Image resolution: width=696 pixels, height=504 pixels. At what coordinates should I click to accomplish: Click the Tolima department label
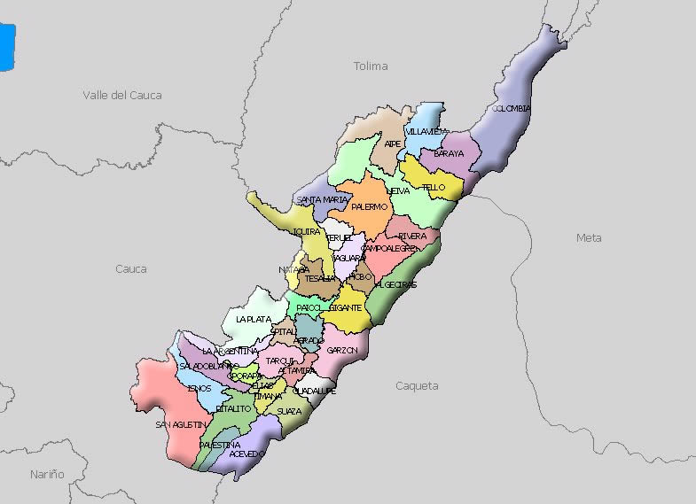(371, 66)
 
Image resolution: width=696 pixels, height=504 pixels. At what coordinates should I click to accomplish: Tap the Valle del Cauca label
(122, 95)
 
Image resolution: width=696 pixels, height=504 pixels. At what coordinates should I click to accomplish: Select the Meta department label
(588, 237)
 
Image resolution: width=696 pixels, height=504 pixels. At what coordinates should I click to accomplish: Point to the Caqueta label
(417, 385)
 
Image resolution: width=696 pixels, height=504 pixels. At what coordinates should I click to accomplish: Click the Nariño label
(47, 474)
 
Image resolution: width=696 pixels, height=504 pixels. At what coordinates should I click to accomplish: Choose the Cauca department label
(131, 268)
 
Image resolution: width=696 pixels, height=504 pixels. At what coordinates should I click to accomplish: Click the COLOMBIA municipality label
(511, 109)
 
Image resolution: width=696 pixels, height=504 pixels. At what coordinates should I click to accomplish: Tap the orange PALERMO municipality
(369, 206)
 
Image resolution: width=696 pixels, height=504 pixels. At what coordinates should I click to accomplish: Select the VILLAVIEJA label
(426, 131)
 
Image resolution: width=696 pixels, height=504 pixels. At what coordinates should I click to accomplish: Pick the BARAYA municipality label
(449, 153)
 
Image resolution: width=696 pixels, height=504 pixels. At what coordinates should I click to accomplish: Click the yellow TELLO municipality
(434, 187)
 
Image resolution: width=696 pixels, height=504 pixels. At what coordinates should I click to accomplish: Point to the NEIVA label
(399, 190)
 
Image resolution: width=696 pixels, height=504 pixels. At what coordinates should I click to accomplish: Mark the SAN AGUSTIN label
(181, 425)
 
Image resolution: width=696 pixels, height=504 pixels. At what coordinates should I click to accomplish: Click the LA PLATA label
(254, 319)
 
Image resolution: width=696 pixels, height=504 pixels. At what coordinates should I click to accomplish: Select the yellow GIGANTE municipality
(345, 307)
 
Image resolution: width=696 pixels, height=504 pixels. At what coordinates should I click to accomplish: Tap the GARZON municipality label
(341, 350)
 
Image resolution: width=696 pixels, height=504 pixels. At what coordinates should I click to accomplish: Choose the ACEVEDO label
(246, 454)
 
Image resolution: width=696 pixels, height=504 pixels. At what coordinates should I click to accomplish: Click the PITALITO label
(234, 408)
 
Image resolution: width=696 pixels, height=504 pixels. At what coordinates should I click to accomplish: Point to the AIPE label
(392, 143)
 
